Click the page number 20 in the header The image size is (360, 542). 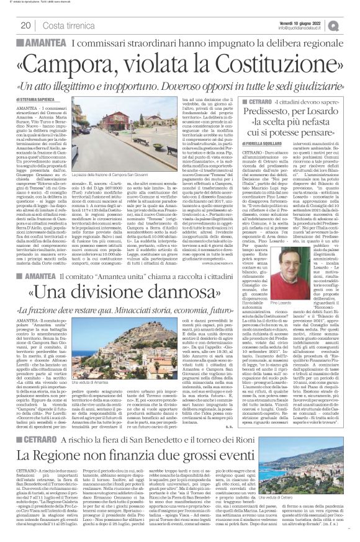tap(26, 25)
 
